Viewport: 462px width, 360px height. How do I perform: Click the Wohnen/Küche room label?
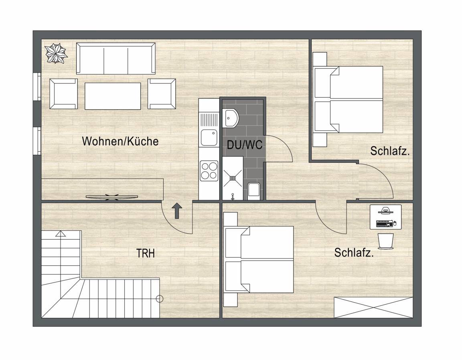[x=120, y=141]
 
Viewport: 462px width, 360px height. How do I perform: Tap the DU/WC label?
[x=245, y=144]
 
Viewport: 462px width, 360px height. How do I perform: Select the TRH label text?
[x=146, y=253]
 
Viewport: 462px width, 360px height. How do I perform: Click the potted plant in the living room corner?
[x=56, y=53]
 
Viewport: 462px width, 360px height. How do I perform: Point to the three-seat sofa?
[x=116, y=58]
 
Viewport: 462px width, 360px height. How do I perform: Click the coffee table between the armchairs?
[x=113, y=96]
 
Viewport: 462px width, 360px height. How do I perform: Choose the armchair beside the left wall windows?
[x=64, y=94]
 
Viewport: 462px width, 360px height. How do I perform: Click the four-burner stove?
[x=209, y=171]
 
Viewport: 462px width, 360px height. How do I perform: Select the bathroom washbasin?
[x=231, y=118]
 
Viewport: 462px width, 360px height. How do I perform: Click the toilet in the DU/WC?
[x=254, y=191]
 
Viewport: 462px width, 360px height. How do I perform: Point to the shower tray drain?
[x=233, y=178]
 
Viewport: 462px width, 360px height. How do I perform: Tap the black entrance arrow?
[x=177, y=211]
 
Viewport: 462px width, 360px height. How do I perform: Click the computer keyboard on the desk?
[x=384, y=224]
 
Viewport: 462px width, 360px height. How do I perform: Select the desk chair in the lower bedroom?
[x=386, y=242]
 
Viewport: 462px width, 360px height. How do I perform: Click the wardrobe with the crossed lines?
[x=373, y=307]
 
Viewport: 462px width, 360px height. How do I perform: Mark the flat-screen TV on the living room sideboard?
[x=111, y=197]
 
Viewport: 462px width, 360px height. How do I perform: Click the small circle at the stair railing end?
[x=159, y=299]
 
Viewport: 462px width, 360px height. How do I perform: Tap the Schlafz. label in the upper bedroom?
[x=390, y=151]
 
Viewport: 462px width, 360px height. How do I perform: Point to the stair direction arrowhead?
[x=61, y=234]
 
